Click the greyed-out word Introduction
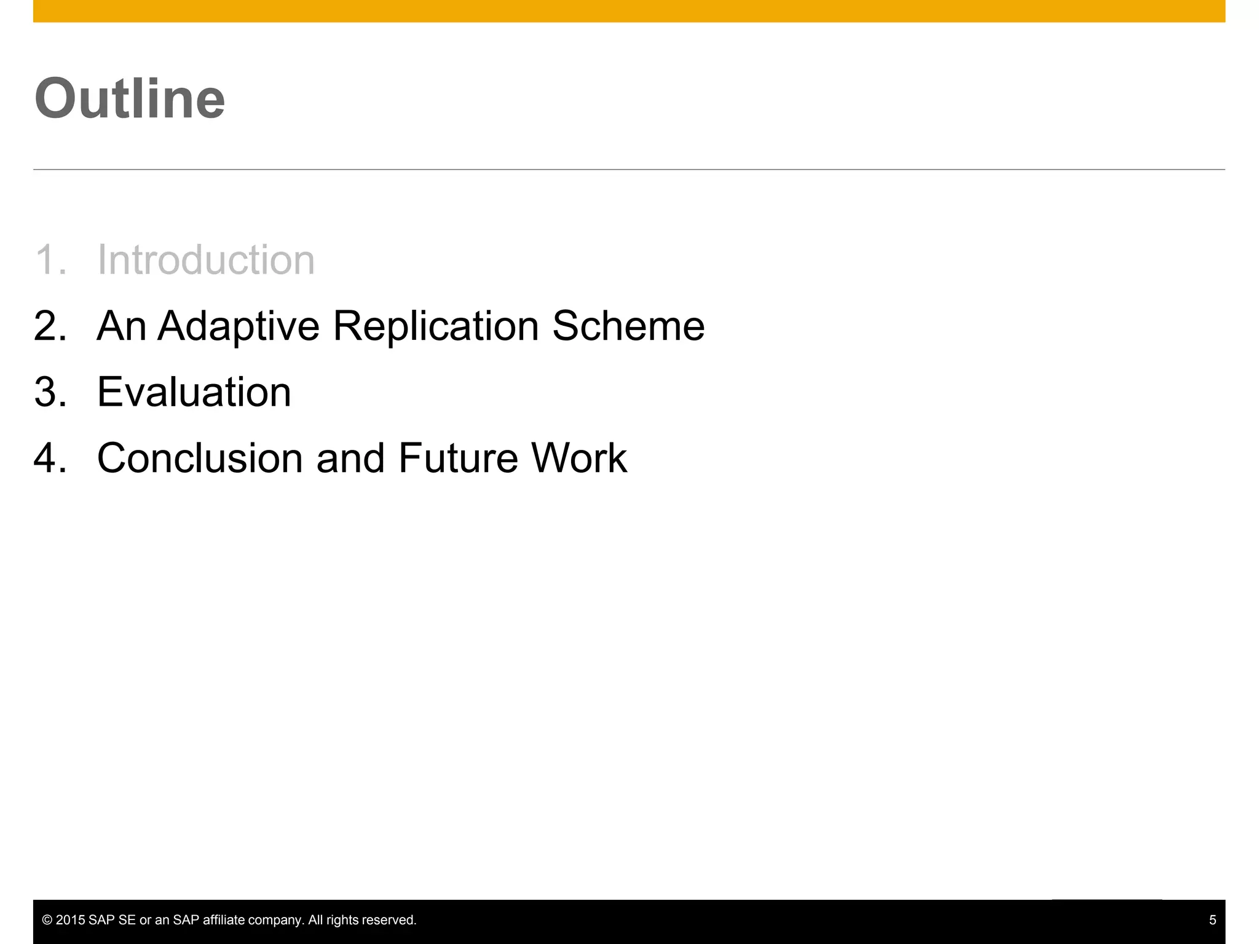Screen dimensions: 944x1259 coord(206,259)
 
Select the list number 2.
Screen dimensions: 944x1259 coord(49,326)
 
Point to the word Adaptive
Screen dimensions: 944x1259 coord(239,327)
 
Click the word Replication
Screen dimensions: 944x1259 coord(436,327)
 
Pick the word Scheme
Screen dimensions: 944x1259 coord(628,326)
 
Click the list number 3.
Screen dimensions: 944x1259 coord(49,392)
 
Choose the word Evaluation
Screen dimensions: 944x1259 coord(194,392)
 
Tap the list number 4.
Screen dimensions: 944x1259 coord(49,458)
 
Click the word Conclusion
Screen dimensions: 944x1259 coord(200,458)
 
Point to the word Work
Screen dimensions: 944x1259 coord(578,458)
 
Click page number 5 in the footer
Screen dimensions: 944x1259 coord(1212,920)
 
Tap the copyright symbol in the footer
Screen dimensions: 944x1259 coord(47,920)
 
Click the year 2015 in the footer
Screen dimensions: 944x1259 coord(70,920)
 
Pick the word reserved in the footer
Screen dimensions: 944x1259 coord(390,920)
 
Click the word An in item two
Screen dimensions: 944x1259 coord(121,326)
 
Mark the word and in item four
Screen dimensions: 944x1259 coord(350,458)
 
